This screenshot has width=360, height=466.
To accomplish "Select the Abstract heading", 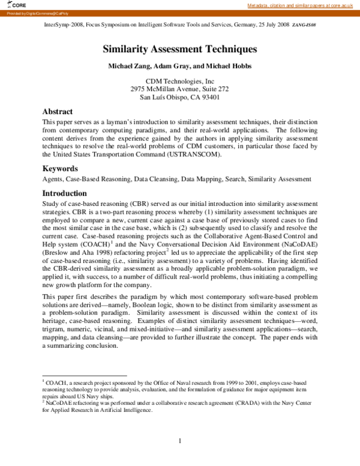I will pyautogui.click(x=58, y=112).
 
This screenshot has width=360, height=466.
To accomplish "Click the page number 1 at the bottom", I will pyautogui.click(x=179, y=441).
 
